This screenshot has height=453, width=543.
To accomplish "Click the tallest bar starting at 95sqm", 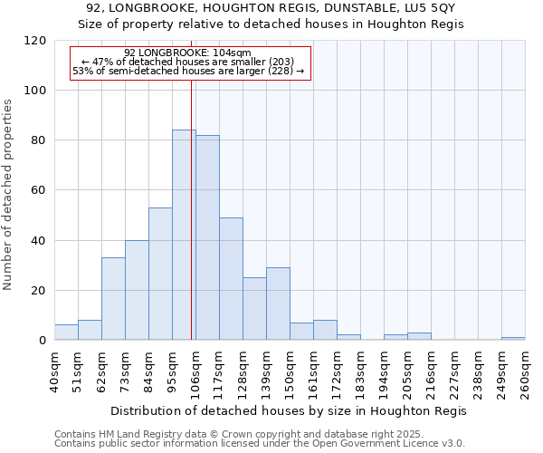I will coord(184,236).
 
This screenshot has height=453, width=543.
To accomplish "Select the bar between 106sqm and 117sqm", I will coord(207,237).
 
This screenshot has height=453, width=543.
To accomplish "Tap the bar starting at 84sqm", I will coord(160,274).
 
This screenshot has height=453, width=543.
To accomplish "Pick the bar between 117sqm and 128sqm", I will coord(231,279).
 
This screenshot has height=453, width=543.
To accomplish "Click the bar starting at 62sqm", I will coord(113,299).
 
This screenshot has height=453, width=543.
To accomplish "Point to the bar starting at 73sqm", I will coord(137,290).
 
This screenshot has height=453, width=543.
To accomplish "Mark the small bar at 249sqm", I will coord(513,338).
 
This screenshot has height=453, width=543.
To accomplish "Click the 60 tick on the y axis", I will coord(39,190).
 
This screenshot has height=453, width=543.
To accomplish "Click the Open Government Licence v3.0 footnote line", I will coord(260,443).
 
